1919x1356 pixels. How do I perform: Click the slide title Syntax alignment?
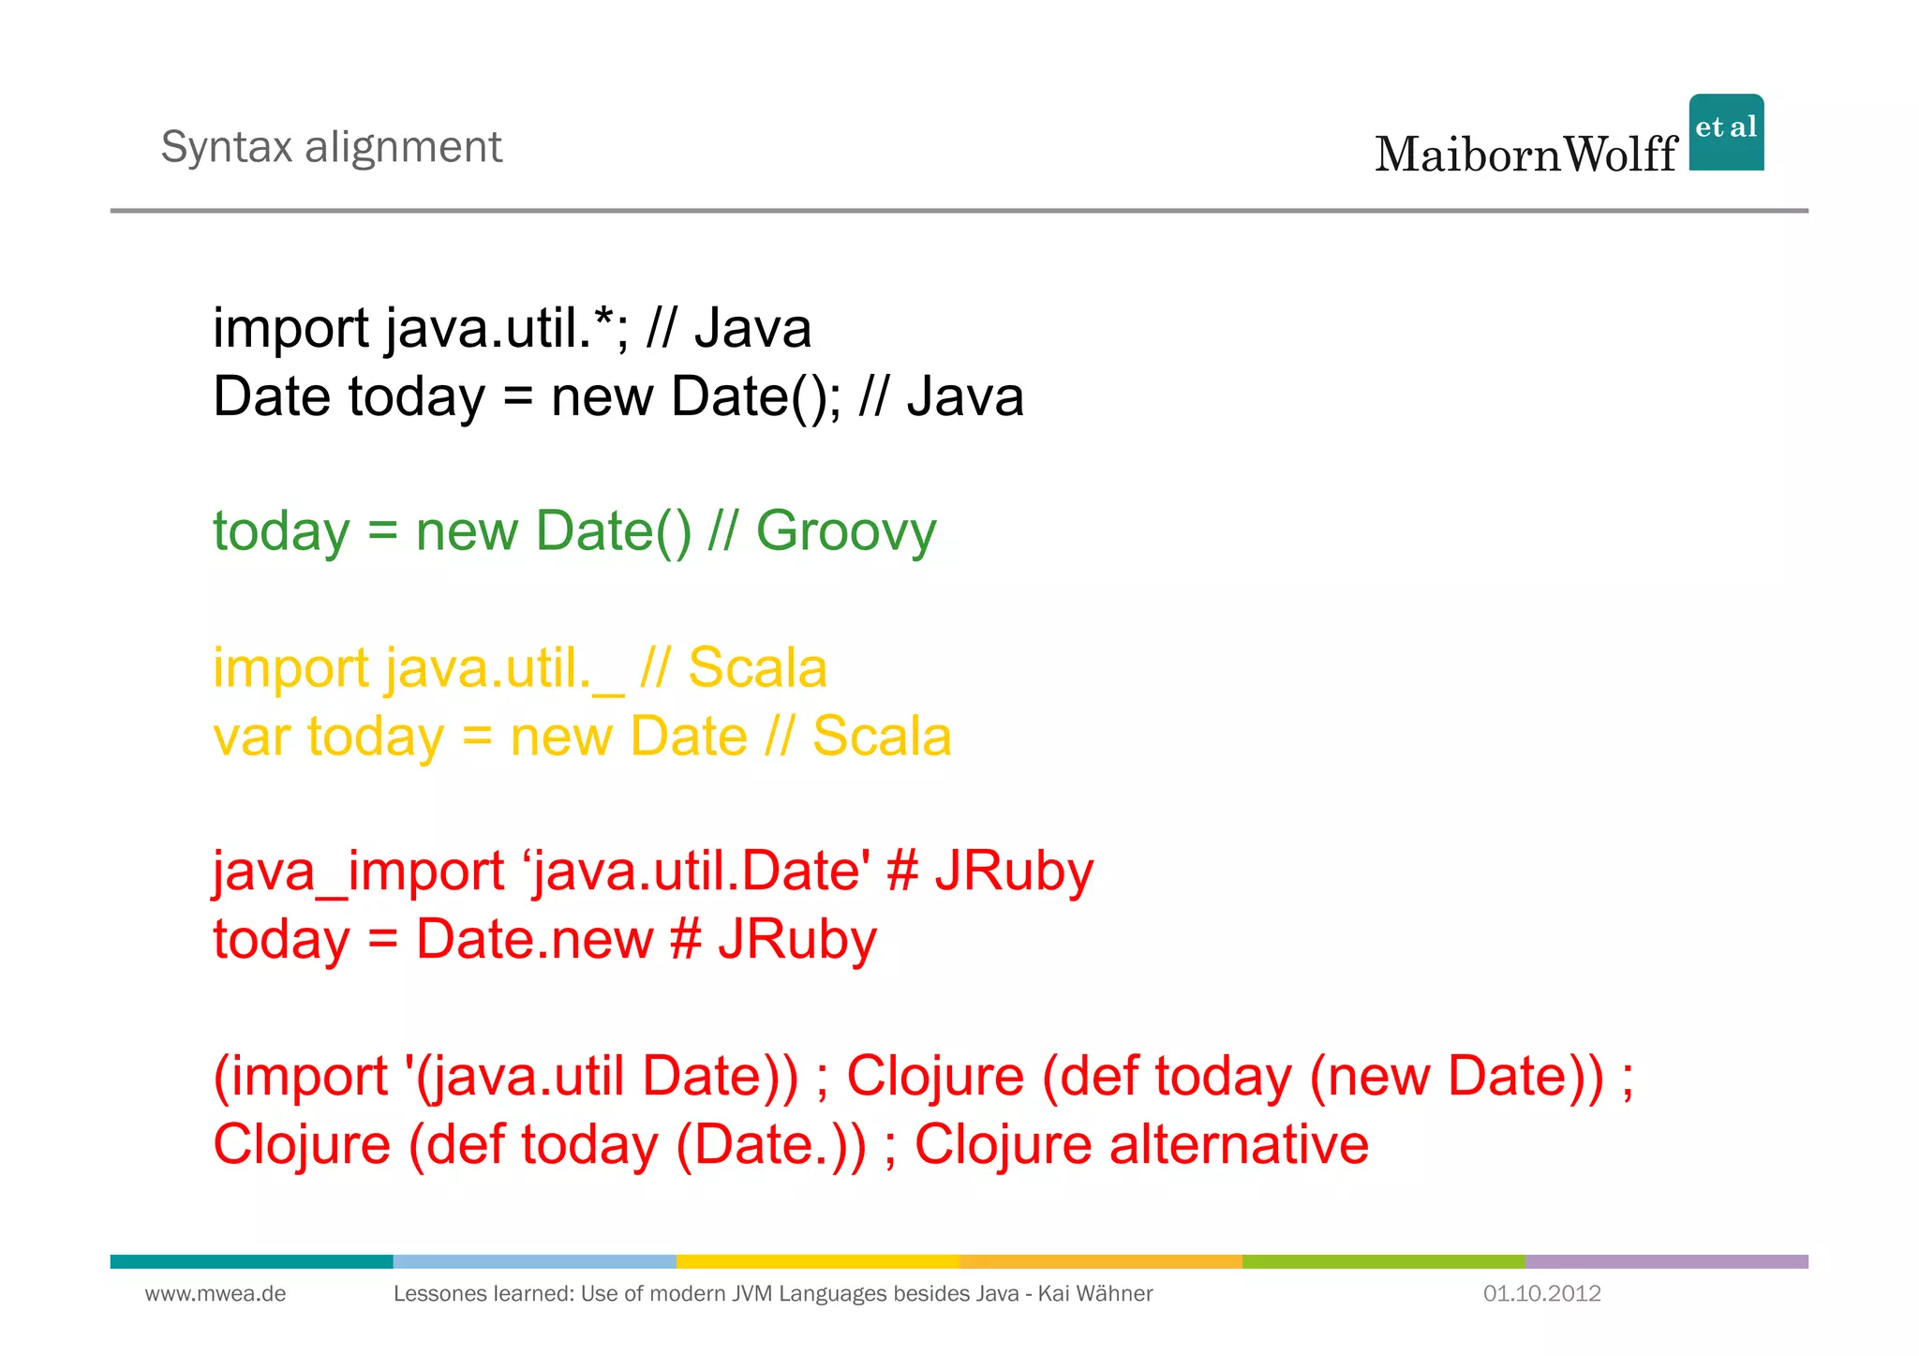(x=331, y=147)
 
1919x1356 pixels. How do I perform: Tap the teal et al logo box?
(x=1726, y=132)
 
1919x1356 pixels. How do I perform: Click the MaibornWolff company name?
(x=1525, y=155)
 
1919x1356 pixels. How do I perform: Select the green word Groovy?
(x=845, y=531)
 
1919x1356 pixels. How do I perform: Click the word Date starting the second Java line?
(x=271, y=396)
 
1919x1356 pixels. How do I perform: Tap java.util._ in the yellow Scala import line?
(x=504, y=669)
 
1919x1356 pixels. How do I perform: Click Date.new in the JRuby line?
(x=534, y=940)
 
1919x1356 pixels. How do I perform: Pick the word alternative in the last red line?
(x=1239, y=1145)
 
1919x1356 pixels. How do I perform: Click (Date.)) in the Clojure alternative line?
(x=771, y=1145)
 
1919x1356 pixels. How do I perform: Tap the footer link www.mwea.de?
(x=216, y=1294)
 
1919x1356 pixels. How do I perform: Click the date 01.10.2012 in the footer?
(x=1541, y=1294)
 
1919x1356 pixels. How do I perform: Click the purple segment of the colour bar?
(x=1666, y=1261)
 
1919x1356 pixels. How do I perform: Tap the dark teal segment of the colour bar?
(x=251, y=1261)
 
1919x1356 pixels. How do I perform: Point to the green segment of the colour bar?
(x=1383, y=1261)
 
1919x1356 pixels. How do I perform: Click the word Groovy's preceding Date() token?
(x=614, y=531)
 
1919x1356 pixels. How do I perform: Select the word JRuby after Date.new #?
(x=797, y=940)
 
